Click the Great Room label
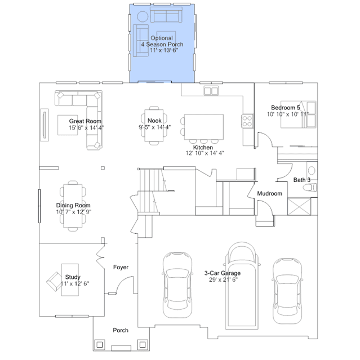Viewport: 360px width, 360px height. (85, 121)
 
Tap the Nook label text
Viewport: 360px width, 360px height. (154, 121)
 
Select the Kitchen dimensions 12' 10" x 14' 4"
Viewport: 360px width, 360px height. (205, 153)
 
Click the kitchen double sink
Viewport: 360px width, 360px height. (211, 91)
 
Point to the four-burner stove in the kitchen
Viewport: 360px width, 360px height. (247, 121)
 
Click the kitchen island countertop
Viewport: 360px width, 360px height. (203, 127)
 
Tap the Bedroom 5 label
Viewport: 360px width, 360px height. (286, 108)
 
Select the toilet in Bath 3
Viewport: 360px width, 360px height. (310, 188)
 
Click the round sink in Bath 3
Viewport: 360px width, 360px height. (312, 171)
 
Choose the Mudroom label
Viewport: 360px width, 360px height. (269, 194)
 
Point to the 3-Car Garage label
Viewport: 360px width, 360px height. (223, 273)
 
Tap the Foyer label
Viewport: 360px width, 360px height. (121, 267)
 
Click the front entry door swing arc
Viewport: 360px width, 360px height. (122, 281)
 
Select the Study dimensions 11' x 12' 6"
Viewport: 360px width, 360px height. (75, 284)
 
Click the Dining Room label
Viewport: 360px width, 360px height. (73, 205)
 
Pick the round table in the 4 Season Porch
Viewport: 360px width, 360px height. (143, 16)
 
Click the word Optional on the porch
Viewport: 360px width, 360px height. (162, 38)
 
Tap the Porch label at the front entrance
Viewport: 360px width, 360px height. (121, 330)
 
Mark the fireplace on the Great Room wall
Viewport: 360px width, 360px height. (45, 125)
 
